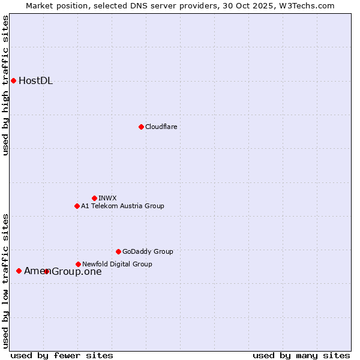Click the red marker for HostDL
click(x=13, y=80)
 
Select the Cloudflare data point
click(x=141, y=127)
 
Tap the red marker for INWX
click(x=94, y=198)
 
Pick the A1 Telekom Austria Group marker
click(x=77, y=206)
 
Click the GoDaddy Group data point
click(x=118, y=251)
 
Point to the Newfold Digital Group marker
click(x=78, y=264)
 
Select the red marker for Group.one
click(x=46, y=271)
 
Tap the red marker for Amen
click(x=19, y=271)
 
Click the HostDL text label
click(x=36, y=81)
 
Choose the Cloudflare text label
click(x=161, y=127)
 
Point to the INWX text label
click(x=107, y=198)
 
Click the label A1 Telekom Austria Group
click(x=122, y=206)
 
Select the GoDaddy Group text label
click(x=148, y=251)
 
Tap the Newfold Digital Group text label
click(x=117, y=264)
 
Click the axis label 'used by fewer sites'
click(x=62, y=355)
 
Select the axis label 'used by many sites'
click(x=301, y=355)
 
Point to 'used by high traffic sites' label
click(x=5, y=85)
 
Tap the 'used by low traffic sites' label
click(x=5, y=281)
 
